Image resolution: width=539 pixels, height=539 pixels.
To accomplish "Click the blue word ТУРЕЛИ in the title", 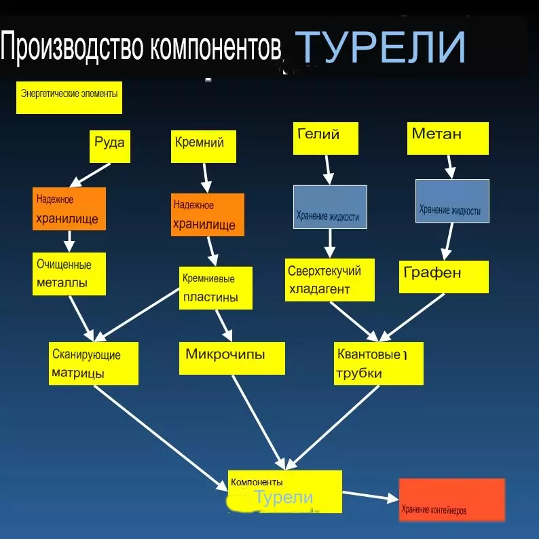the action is [380, 47].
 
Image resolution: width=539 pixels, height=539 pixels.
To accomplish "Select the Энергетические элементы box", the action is [69, 98].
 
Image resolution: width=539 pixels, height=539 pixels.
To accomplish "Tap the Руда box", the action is [110, 147].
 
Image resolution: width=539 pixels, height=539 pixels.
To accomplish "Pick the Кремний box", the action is [204, 147].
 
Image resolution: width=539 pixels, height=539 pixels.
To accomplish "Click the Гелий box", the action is [326, 138].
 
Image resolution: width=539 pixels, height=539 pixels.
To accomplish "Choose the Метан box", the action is [448, 138].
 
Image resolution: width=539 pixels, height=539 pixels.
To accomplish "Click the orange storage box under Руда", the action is [69, 208].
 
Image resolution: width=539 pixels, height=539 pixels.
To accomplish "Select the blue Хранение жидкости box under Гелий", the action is [330, 207].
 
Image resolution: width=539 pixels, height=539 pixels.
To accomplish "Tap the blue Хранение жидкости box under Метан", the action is [452, 201].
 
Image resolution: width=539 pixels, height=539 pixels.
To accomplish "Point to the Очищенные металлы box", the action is [69, 274].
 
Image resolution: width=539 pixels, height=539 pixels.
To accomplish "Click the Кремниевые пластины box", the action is [215, 288].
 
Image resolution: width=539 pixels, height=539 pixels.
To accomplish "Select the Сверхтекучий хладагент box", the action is [330, 280].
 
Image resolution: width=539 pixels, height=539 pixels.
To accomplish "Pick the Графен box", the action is [444, 277].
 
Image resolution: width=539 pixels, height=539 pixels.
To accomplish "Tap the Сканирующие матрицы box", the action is [94, 363].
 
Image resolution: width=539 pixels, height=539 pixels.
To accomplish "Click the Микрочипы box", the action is [232, 358].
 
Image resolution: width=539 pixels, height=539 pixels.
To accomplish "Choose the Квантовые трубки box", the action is [379, 363].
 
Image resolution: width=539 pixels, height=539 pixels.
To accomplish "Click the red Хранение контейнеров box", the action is [452, 500].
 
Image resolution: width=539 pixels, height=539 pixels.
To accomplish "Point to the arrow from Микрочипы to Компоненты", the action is [259, 422].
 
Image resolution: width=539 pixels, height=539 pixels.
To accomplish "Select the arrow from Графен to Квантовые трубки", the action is [411, 318].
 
